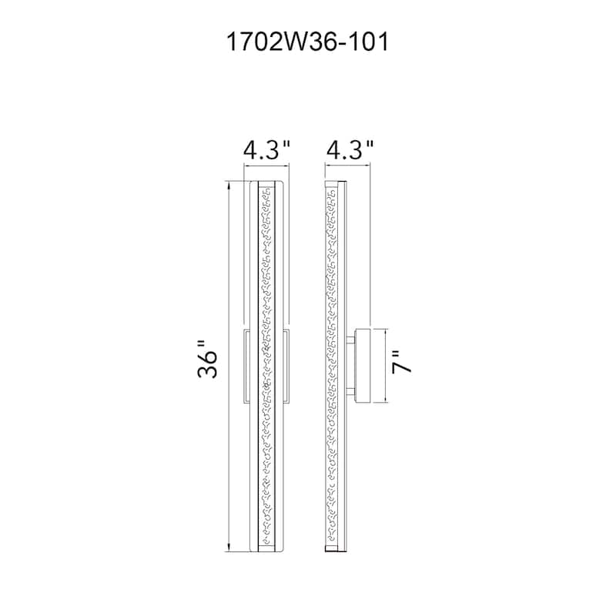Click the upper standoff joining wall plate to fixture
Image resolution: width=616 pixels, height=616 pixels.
click(350, 339)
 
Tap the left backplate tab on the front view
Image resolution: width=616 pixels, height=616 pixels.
click(245, 366)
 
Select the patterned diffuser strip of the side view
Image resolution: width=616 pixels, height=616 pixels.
click(332, 269)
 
